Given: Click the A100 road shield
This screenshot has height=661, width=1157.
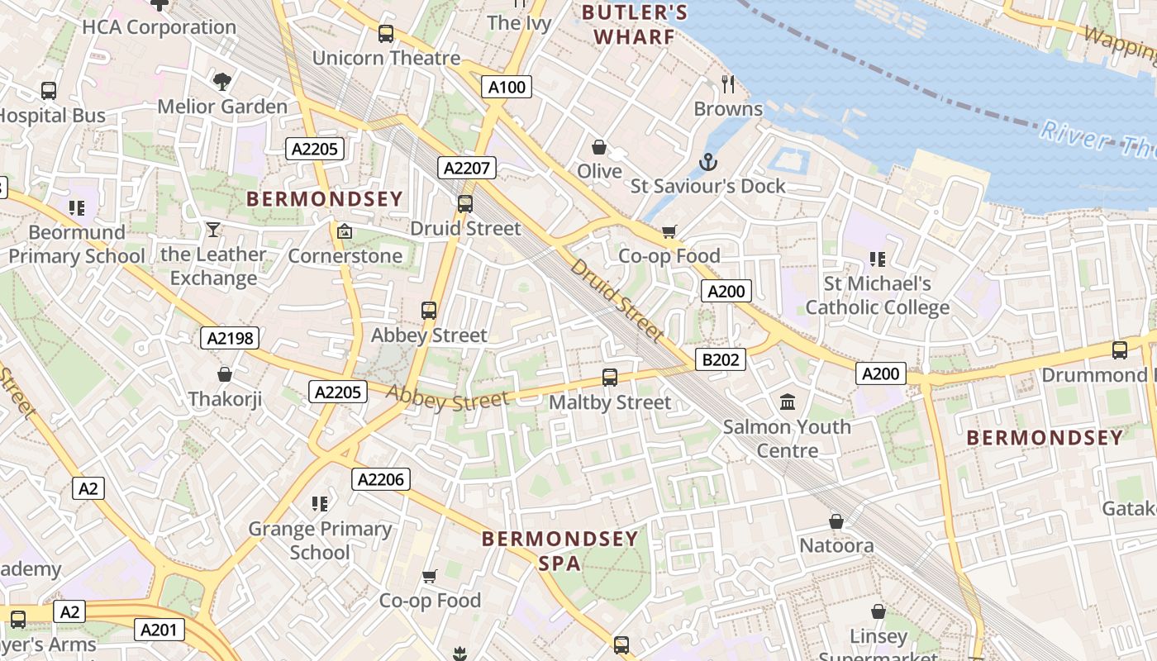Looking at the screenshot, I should [x=507, y=87].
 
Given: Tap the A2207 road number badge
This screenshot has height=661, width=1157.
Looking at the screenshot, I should [x=467, y=169].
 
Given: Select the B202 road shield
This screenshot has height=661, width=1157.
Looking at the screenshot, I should [x=721, y=359].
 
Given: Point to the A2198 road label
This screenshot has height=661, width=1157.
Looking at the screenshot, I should [x=230, y=338].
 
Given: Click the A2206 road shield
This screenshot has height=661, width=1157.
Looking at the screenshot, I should [x=381, y=479].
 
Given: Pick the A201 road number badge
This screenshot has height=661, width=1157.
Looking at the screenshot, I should [x=159, y=630].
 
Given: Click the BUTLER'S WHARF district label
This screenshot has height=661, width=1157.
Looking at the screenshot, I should [x=634, y=24].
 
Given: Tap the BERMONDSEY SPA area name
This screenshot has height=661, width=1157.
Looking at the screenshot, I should [x=559, y=551].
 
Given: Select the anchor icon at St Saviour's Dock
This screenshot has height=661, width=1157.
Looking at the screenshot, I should [x=707, y=162].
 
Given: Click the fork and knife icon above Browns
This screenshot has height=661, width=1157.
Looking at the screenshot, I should [x=728, y=83].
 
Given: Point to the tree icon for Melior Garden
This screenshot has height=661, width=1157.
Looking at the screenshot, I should [x=221, y=81].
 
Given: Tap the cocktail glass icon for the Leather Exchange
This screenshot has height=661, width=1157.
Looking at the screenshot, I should [x=213, y=230].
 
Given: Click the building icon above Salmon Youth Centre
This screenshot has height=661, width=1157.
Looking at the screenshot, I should [x=788, y=402].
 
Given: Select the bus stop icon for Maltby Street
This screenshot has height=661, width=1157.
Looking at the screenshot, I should [x=610, y=378].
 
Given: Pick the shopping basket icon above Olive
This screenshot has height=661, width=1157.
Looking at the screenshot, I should [x=599, y=147].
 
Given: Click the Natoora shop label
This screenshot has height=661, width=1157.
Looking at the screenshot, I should [x=836, y=546].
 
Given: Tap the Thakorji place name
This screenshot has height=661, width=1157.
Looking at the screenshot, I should [x=225, y=399].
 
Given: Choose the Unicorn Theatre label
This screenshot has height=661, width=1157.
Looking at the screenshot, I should [x=386, y=58].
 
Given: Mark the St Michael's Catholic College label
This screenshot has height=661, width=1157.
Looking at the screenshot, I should [x=877, y=296].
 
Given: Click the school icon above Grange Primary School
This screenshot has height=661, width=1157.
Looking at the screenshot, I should [x=320, y=503].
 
